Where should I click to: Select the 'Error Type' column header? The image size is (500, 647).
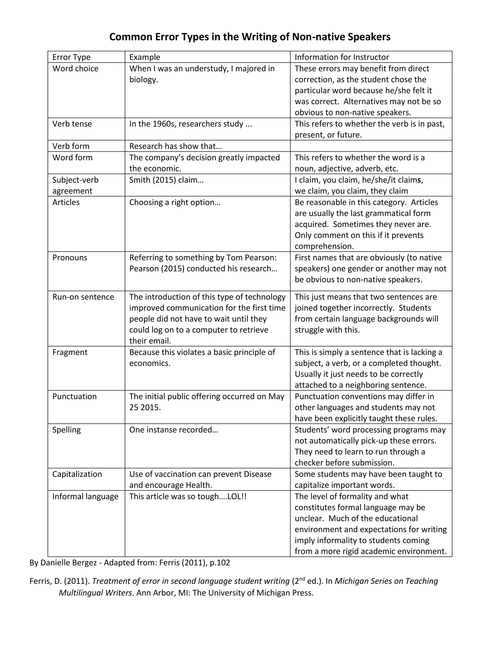(71, 57)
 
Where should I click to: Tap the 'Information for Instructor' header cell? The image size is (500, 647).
(342, 57)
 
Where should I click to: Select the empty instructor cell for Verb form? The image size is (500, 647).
(371, 146)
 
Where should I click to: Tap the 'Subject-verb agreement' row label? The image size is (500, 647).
(75, 185)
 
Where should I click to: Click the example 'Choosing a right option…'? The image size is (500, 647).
(175, 202)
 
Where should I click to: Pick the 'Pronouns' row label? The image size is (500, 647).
(70, 258)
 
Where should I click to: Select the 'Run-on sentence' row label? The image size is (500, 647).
(83, 297)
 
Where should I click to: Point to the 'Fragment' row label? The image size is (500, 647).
(70, 352)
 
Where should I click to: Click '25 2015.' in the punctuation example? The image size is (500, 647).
(145, 408)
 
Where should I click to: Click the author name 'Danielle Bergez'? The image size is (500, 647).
(68, 563)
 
